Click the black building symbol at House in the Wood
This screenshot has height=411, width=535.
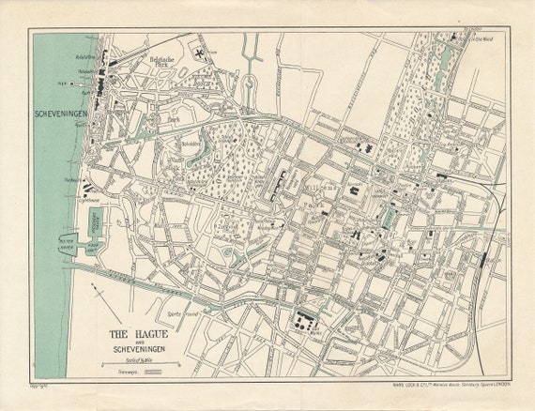(x=454, y=36)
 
